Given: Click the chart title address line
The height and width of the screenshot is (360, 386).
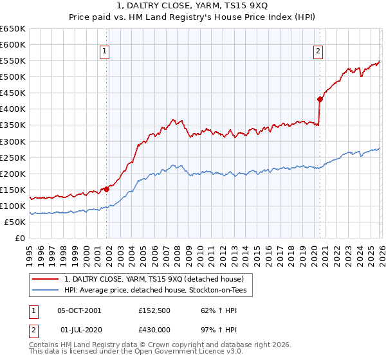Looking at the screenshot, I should click(193, 6).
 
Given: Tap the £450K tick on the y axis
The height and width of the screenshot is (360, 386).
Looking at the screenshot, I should click(13, 93).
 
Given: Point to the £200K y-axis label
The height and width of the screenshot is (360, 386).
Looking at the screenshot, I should click(13, 174).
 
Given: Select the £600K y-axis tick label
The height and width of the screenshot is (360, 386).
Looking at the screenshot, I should click(13, 45).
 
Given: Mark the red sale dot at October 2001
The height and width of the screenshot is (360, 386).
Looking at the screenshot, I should click(106, 189).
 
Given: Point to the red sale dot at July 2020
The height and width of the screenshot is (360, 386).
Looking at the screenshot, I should click(319, 99).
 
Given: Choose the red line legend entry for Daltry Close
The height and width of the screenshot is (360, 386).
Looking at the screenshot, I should click(153, 280).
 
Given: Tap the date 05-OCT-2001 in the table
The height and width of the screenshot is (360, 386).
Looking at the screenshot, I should click(79, 310).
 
